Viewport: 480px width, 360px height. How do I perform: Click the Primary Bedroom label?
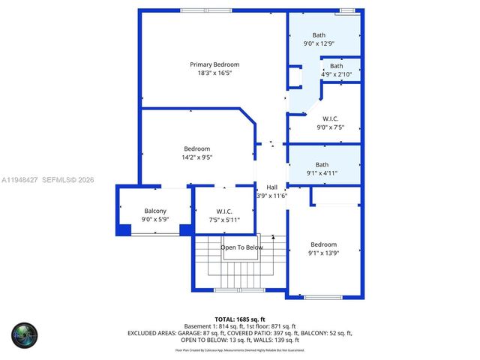point(214,64)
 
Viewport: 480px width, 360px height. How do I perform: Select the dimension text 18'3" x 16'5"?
point(214,73)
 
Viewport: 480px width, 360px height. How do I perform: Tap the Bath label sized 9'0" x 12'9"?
point(319,35)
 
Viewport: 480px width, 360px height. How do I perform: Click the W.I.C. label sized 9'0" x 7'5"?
point(331,118)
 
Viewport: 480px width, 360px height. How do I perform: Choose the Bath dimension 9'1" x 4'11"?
point(322,173)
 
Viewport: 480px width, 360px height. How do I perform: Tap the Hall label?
point(271,187)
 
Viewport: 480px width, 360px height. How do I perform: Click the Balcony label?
point(155,211)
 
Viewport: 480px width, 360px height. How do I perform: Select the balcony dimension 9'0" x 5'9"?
point(155,220)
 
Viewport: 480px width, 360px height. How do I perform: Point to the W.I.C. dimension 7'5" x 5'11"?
point(223,220)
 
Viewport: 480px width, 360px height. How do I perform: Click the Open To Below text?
point(241,247)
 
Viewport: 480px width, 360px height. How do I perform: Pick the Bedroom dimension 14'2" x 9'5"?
point(197,157)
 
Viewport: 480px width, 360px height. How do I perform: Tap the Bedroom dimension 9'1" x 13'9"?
point(324,253)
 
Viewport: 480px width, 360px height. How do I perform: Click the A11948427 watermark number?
point(19,180)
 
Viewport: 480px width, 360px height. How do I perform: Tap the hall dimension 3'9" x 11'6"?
point(271,196)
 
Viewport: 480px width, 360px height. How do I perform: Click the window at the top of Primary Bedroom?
point(206,10)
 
